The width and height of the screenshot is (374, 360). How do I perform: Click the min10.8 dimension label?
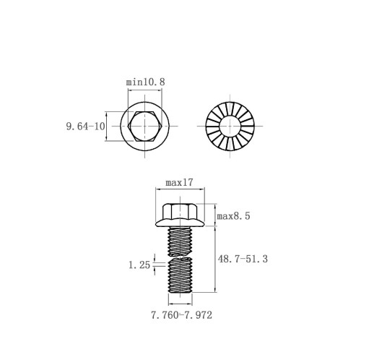point(146,82)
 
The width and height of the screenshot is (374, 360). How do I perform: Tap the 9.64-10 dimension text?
point(86,127)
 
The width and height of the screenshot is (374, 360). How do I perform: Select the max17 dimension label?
point(179,183)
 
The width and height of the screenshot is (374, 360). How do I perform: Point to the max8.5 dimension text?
point(233,216)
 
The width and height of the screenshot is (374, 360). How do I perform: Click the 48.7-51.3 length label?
point(243,259)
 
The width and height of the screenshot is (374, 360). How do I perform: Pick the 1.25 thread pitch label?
point(139,265)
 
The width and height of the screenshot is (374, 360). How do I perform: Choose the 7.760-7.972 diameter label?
point(182,315)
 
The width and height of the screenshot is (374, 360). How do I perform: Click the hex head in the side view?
point(180,211)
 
